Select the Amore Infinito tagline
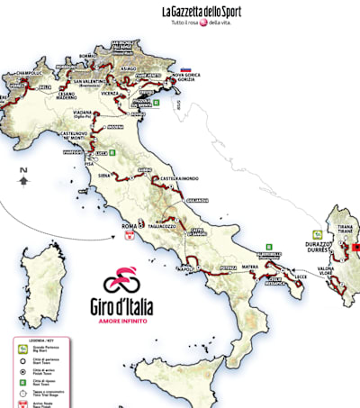click(x=123, y=318)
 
